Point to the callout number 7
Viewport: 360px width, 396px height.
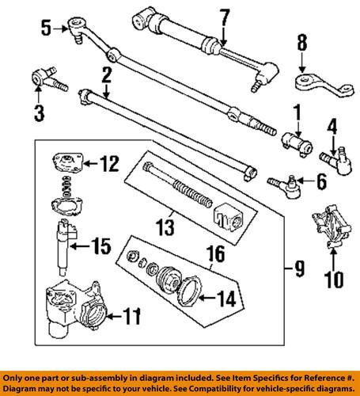click(225, 15)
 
